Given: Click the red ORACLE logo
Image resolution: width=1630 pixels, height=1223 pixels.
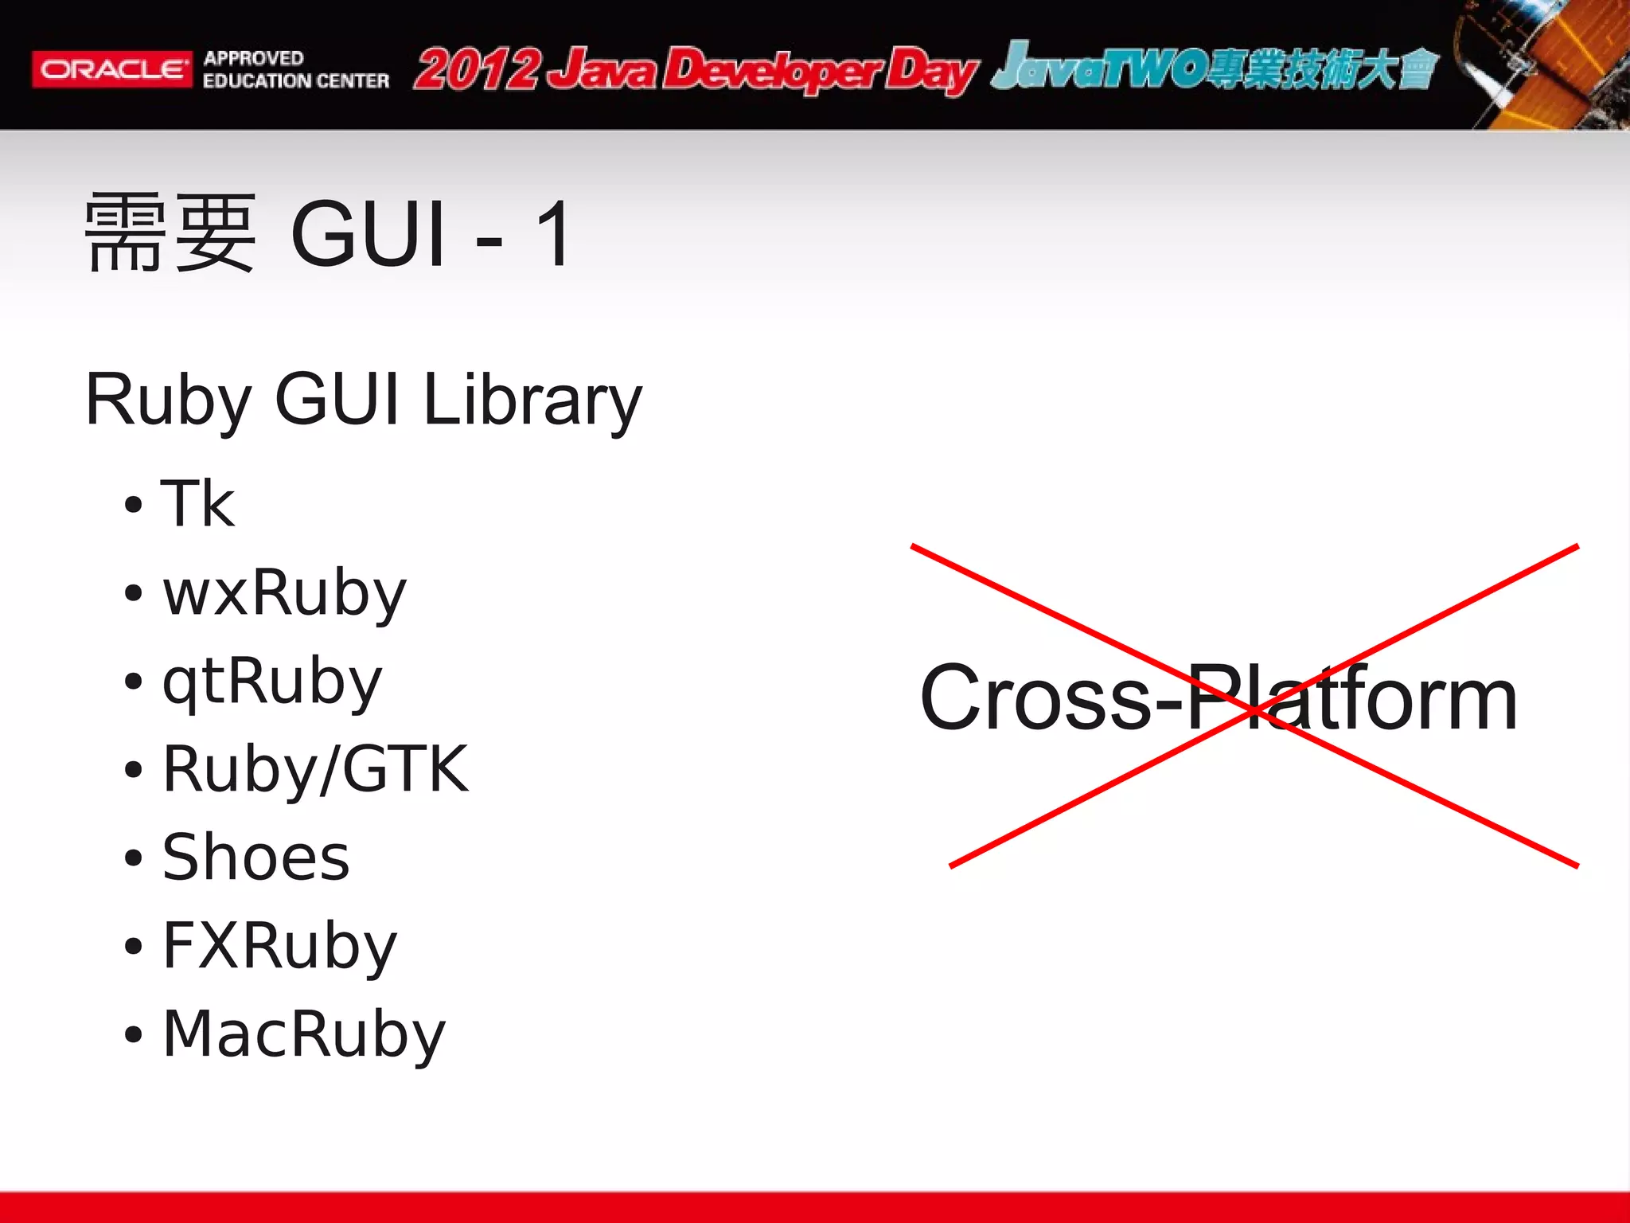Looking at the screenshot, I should (111, 69).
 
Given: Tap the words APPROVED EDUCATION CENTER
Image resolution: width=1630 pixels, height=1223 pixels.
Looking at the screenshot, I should (295, 69).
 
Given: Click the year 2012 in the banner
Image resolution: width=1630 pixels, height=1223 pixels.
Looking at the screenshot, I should (478, 70).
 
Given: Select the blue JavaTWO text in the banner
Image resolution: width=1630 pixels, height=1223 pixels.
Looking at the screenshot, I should (1098, 67).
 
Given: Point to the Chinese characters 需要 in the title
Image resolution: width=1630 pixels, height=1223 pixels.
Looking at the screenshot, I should (170, 232).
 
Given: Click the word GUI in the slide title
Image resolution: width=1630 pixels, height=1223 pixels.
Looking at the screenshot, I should (368, 234).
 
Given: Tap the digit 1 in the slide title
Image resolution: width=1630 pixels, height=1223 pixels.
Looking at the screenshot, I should (553, 234).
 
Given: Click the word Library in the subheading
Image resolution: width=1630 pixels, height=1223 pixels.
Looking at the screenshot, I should (532, 401).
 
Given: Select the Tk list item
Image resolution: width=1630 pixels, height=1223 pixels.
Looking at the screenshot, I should (197, 503).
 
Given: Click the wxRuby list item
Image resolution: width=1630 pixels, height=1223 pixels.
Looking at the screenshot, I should (284, 592).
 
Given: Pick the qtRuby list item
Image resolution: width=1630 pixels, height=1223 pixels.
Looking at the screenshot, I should (272, 682).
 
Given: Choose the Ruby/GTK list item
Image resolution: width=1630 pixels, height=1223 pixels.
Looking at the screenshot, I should (315, 769).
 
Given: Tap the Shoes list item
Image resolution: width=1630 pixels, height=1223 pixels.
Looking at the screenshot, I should (255, 858).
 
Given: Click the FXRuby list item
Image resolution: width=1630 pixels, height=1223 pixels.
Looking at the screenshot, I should (279, 946).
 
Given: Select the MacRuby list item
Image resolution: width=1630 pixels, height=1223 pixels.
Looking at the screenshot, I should (304, 1034).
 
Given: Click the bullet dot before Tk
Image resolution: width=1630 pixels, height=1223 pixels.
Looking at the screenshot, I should (133, 505).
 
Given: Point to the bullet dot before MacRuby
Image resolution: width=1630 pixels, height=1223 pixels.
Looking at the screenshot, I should (133, 1035).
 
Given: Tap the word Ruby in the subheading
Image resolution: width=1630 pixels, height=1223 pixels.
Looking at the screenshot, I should (169, 401).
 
